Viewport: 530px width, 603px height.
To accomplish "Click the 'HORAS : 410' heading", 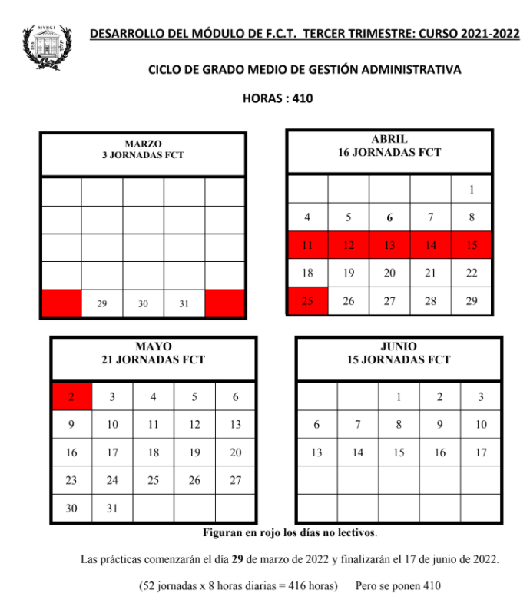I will [277, 98].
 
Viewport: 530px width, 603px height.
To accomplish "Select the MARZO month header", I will [143, 144].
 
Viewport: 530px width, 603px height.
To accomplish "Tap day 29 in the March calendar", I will [102, 304].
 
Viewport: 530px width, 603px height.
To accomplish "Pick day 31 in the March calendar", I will [184, 304].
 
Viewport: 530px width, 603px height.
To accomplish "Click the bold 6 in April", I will [389, 217].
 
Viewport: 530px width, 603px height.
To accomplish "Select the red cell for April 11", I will [307, 245].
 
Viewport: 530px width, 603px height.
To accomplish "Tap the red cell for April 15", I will [472, 245].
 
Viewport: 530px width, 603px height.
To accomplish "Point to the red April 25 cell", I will [307, 301].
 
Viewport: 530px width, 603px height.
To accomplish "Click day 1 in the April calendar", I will [472, 189].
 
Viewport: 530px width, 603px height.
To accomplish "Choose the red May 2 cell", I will [71, 397].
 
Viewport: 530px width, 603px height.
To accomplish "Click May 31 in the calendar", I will [113, 508].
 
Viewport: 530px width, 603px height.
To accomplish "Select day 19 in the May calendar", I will [194, 452].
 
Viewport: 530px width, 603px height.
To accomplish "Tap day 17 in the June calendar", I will [481, 452].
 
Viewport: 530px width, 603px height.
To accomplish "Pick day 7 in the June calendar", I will [358, 425].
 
